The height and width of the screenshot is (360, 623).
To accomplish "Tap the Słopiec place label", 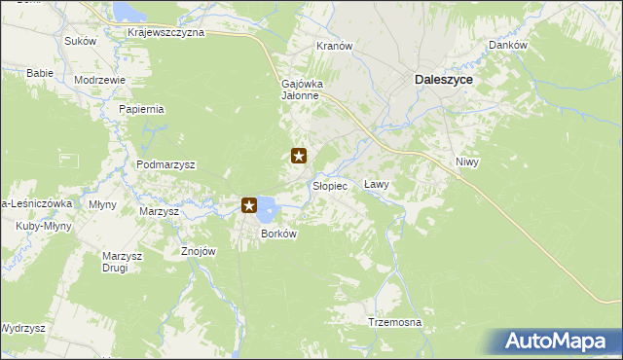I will (329, 186).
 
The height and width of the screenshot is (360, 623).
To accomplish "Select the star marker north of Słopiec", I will (300, 155).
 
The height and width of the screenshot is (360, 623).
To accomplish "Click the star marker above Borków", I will (249, 205).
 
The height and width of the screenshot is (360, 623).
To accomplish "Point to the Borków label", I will (277, 234).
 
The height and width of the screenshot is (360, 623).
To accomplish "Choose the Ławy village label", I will (376, 184).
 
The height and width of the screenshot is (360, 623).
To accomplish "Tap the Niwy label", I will (468, 162).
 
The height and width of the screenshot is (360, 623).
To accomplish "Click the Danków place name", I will (507, 46).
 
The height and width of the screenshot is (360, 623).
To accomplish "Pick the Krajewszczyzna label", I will (165, 32).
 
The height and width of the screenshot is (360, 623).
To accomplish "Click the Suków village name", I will (80, 41).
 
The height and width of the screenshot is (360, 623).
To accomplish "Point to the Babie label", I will (39, 73).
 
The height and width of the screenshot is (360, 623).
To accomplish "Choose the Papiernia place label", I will (141, 109).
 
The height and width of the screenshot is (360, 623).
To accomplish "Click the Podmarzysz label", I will (165, 165).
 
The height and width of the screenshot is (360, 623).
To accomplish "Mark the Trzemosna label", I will (394, 322).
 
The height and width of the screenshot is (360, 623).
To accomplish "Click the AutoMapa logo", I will (563, 342).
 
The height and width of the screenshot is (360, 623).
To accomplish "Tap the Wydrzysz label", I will (22, 329).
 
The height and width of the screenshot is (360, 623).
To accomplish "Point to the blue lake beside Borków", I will (268, 206).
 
